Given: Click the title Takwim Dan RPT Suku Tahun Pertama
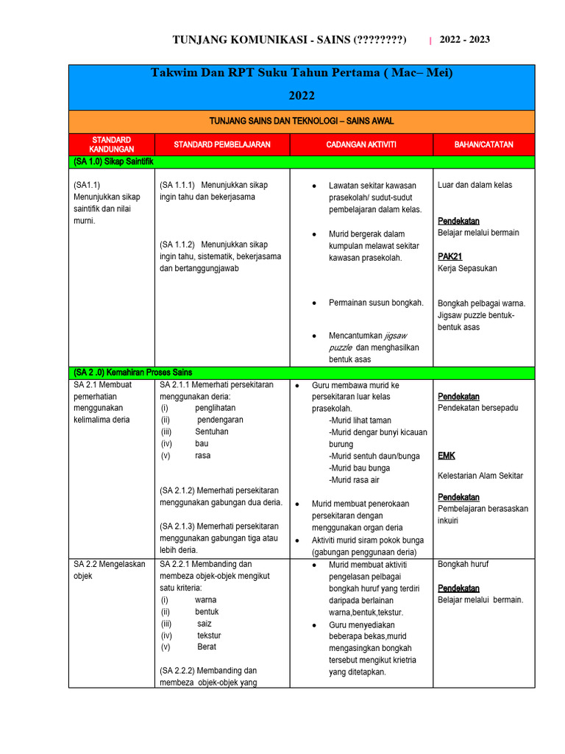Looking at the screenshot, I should click(x=302, y=73).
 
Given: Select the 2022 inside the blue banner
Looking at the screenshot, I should click(x=302, y=96).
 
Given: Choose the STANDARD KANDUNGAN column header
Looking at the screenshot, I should click(x=112, y=144).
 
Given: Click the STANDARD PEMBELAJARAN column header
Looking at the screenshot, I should click(x=222, y=144).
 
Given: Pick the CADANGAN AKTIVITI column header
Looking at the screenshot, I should click(x=360, y=144).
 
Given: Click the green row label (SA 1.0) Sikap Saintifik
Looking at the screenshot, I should click(x=113, y=161).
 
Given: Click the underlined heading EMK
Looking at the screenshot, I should click(x=446, y=456).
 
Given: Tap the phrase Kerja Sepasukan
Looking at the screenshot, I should click(x=467, y=268).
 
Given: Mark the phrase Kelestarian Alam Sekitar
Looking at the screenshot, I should click(x=480, y=476).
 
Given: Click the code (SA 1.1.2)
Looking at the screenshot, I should click(x=177, y=244).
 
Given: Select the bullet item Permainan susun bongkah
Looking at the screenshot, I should click(x=376, y=303).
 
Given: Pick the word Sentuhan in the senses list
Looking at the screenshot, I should click(x=212, y=431).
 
